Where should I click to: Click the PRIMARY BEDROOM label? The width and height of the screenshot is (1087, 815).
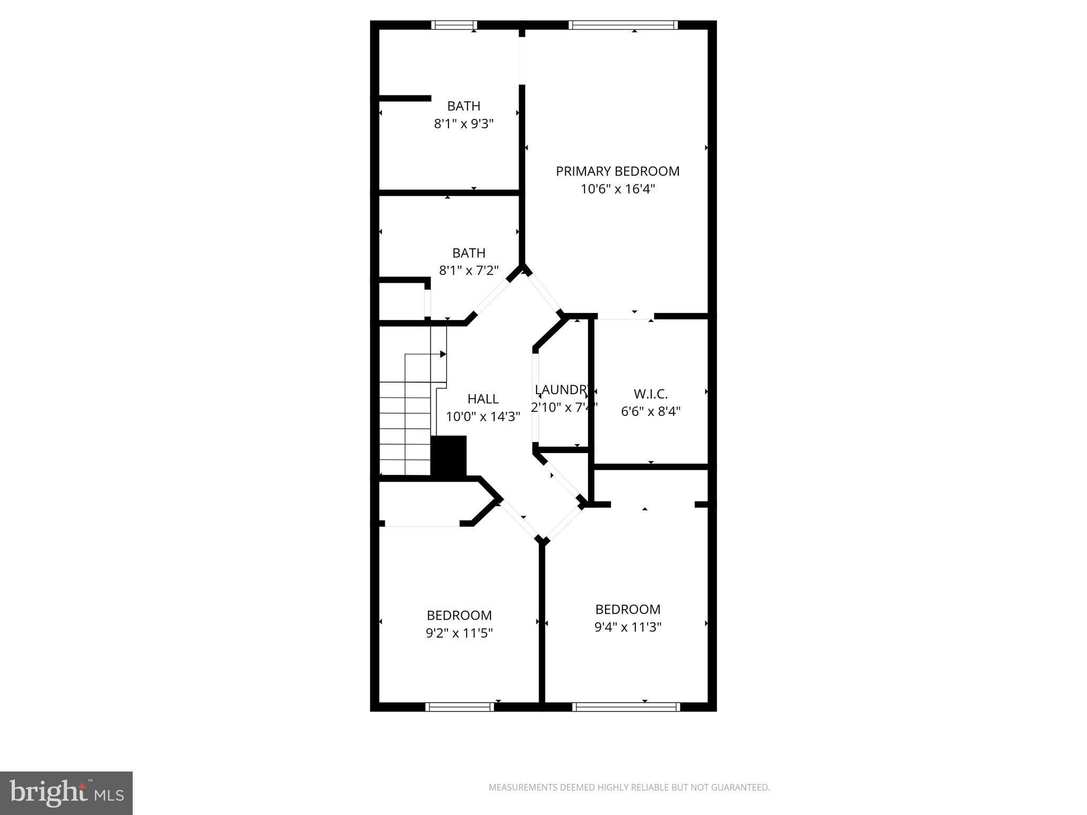(617, 171)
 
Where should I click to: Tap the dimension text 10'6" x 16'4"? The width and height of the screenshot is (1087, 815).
(617, 189)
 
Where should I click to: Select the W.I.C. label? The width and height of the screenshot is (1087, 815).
(650, 394)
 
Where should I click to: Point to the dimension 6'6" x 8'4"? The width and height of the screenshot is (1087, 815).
(650, 412)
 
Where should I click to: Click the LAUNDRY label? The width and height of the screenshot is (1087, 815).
(562, 390)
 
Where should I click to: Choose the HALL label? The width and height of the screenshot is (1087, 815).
(482, 399)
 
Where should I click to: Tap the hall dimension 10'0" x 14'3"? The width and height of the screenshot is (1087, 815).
(482, 417)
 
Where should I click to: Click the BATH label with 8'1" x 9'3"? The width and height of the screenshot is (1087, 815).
(463, 106)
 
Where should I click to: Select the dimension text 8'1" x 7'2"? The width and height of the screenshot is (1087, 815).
(469, 271)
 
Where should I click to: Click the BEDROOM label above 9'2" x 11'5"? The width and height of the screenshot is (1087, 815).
(459, 615)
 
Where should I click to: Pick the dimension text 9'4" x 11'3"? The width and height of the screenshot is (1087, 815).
(627, 628)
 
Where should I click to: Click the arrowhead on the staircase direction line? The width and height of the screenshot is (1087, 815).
(443, 354)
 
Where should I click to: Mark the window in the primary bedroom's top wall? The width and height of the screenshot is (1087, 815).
(623, 24)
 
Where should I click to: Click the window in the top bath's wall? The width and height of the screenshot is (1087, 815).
(454, 24)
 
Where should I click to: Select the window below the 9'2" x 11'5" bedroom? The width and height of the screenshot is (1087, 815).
(460, 707)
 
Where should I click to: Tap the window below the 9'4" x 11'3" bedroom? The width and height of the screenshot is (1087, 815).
(626, 707)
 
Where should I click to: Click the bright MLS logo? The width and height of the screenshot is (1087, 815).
(66, 793)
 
